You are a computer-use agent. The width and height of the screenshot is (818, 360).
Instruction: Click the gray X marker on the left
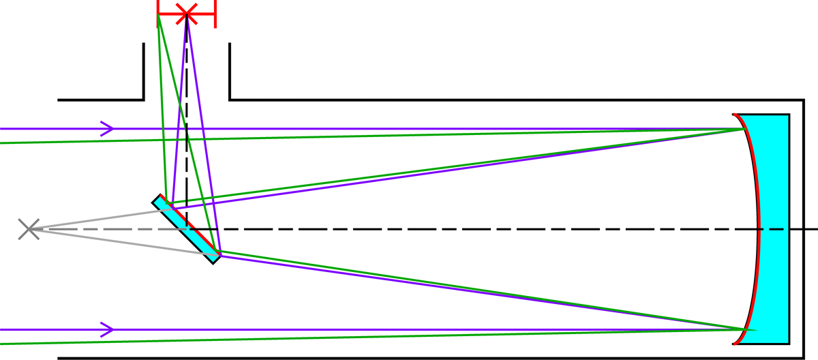[29, 230]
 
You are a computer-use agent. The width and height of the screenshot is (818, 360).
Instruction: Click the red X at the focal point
[186, 13]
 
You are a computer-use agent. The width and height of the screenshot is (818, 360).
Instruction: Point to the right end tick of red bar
[215, 13]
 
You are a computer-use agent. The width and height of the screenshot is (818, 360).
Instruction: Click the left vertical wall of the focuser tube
[144, 72]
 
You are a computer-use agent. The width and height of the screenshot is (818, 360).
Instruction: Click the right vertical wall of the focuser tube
[230, 72]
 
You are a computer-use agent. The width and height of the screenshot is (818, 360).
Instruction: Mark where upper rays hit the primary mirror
[741, 128]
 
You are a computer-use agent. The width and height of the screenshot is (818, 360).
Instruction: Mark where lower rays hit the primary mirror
[741, 330]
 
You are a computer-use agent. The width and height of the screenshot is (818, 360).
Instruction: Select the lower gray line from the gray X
[116, 242]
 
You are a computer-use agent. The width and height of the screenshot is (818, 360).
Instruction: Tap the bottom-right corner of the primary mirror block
[789, 344]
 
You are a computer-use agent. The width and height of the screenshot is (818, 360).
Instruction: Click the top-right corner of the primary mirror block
[789, 115]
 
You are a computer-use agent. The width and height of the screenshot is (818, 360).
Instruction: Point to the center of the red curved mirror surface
[758, 229]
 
